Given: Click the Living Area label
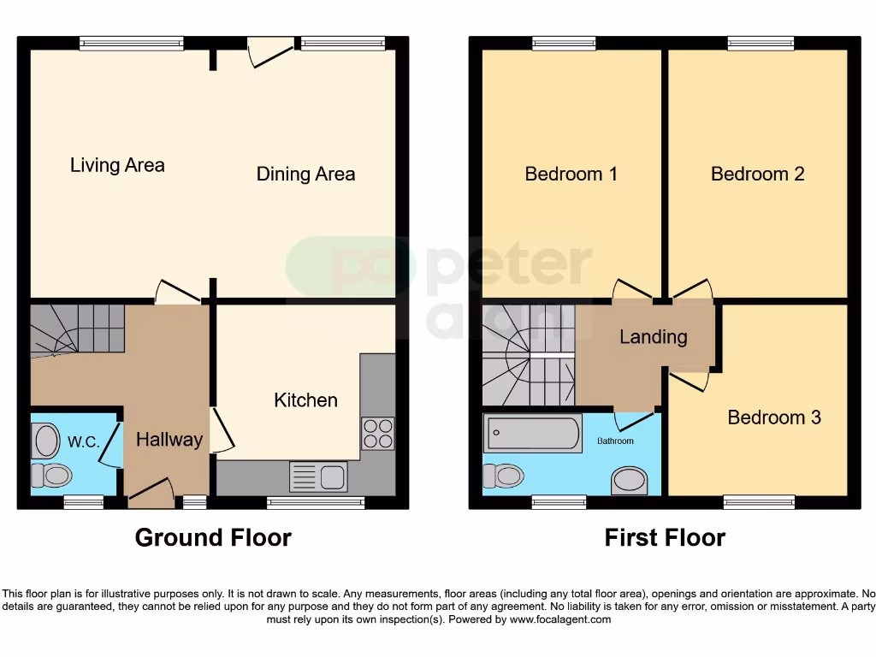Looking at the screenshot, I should [x=117, y=165].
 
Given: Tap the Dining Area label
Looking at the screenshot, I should [x=305, y=175].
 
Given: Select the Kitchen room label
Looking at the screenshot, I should [x=305, y=400].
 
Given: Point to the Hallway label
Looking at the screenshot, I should [x=169, y=440].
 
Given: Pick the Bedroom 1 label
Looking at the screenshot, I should [x=571, y=175].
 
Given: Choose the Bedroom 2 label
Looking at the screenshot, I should [x=757, y=175].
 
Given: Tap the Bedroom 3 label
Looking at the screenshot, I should [x=774, y=417].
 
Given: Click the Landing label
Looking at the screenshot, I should [x=653, y=337].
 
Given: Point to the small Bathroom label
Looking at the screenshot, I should [x=615, y=441].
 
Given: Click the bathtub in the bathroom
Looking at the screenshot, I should [x=534, y=434].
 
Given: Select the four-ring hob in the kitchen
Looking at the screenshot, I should [x=378, y=434].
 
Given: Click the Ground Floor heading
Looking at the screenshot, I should [x=213, y=538].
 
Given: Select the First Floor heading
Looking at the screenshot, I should [x=665, y=538].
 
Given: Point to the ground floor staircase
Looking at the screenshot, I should [x=77, y=329].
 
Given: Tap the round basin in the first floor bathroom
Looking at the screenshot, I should [x=635, y=481].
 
